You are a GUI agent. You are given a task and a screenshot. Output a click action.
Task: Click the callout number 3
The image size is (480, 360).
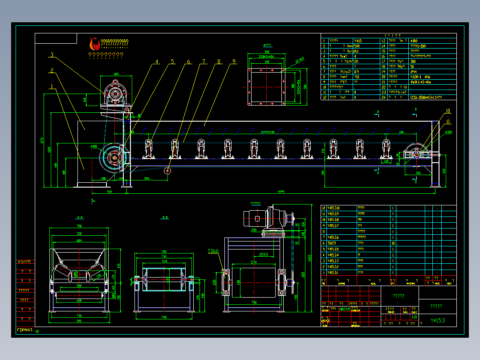[52, 55]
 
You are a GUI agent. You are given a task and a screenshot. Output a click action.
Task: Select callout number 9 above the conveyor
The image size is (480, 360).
[234, 62]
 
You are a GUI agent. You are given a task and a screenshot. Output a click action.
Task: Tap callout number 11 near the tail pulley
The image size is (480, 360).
[448, 121]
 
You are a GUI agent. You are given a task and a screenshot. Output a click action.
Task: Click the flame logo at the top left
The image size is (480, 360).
[94, 44]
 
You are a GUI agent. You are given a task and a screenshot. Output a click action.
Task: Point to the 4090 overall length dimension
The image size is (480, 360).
[281, 191]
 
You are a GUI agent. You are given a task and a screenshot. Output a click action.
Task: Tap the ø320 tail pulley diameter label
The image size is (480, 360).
[448, 132]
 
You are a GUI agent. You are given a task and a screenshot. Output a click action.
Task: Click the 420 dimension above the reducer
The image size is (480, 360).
[116, 74]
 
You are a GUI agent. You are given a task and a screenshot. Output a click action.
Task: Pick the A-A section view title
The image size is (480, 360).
[80, 217]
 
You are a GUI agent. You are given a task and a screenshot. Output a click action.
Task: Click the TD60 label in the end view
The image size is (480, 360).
[213, 251]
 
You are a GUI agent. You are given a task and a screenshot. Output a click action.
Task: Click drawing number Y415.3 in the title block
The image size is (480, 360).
[438, 320]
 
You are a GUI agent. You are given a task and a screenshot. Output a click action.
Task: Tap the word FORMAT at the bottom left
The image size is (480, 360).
[25, 331]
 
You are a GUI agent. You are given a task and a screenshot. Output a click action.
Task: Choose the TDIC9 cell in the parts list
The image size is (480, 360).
[332, 243]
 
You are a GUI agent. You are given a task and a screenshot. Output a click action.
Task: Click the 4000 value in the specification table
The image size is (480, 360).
[415, 41]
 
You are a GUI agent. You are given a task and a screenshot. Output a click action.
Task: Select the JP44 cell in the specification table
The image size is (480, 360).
[414, 71]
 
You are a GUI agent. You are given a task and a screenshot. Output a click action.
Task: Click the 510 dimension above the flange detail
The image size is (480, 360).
[267, 53]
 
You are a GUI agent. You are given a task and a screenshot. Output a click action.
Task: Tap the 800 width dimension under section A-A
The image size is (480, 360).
[79, 321]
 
